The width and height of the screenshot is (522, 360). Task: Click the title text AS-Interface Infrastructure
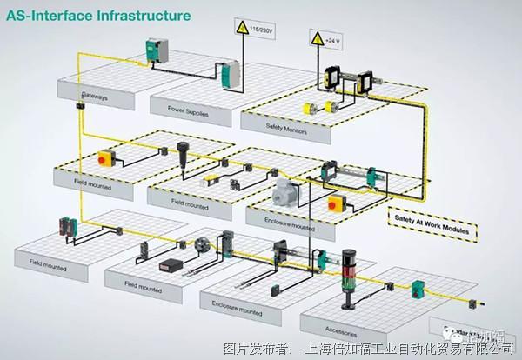tap(96, 15)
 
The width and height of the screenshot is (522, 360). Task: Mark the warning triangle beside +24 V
tap(315, 40)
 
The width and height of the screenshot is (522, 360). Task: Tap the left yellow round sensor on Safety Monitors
tap(308, 110)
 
